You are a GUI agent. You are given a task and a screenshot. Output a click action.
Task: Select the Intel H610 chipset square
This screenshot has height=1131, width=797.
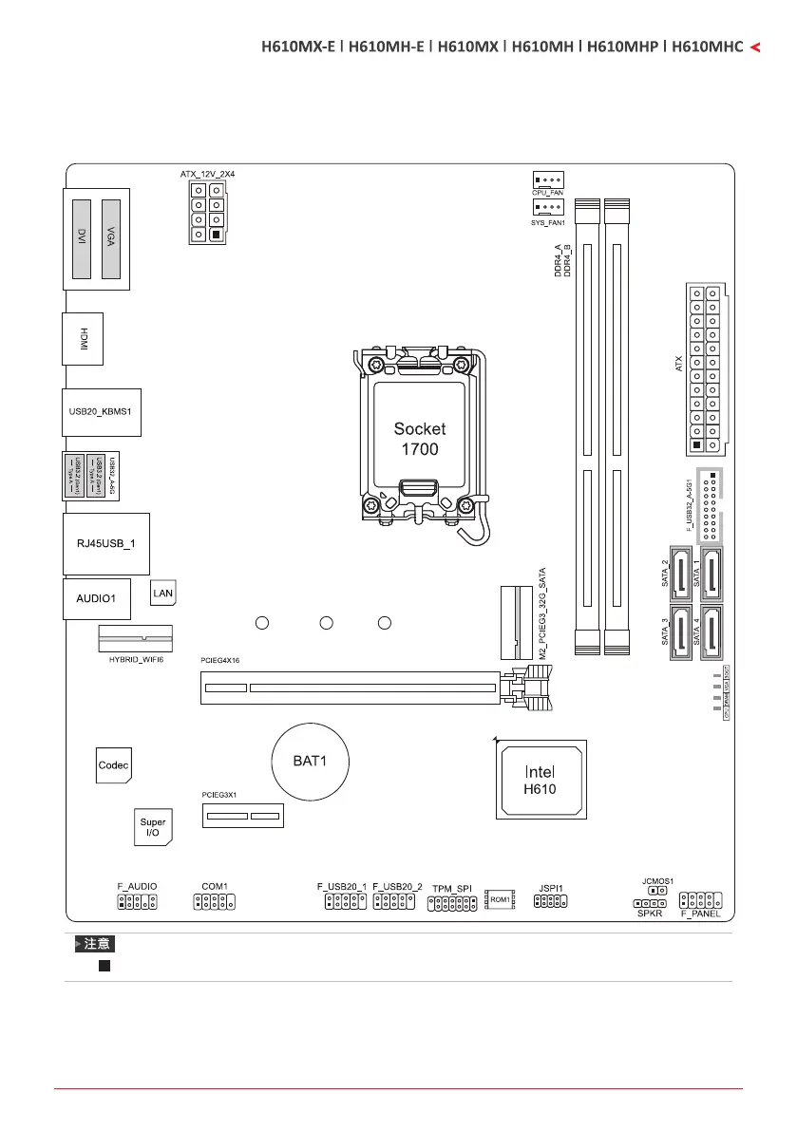click(x=541, y=780)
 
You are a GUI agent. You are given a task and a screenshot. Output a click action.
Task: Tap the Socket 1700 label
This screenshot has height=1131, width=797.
click(x=419, y=438)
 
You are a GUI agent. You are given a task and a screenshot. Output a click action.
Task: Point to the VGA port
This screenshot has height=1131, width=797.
click(x=112, y=238)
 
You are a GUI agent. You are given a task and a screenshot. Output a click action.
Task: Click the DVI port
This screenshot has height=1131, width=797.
click(x=82, y=238)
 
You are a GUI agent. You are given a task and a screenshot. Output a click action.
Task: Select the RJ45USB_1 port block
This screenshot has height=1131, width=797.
click(x=105, y=544)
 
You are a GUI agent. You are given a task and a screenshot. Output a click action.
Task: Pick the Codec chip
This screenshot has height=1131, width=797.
click(x=113, y=764)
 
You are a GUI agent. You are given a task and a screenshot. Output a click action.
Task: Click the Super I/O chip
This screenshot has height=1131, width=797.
click(x=152, y=827)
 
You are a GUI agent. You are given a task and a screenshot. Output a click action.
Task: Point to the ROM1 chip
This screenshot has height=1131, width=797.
click(x=500, y=898)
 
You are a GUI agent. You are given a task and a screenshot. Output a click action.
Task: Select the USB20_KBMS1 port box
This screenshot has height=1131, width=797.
click(x=101, y=412)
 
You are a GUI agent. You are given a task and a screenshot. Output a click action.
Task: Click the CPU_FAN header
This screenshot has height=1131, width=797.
click(x=547, y=179)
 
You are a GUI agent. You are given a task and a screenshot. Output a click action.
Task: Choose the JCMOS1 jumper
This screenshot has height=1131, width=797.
click(x=656, y=892)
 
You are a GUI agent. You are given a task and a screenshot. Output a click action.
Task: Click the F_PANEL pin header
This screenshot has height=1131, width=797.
click(x=702, y=899)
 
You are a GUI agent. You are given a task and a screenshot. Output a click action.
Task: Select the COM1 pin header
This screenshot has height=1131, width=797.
click(x=215, y=900)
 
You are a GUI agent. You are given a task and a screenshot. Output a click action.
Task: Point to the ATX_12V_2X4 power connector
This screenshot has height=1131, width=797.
click(x=206, y=213)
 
